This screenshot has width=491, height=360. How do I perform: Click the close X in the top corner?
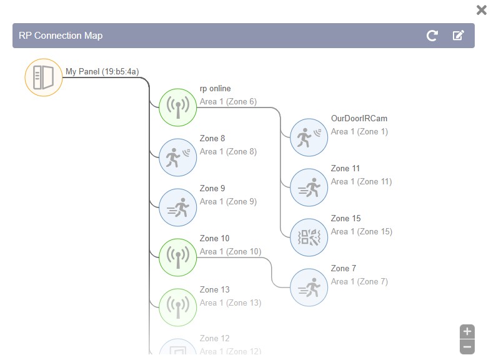tap(481, 10)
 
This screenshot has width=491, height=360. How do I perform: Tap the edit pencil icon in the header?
tap(458, 36)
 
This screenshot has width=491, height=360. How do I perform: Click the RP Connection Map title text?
tap(61, 36)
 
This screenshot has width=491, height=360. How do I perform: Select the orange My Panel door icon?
tap(44, 77)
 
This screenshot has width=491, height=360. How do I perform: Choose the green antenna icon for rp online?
tap(178, 107)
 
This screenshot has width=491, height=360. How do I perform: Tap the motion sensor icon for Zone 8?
tap(178, 157)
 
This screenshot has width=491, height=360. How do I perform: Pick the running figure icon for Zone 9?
tap(178, 207)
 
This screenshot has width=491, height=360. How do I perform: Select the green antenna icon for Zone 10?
tap(178, 257)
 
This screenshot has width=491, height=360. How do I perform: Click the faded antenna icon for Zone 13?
tap(178, 307)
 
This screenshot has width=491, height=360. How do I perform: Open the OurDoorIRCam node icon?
tap(309, 137)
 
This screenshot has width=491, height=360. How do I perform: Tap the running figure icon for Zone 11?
tap(309, 187)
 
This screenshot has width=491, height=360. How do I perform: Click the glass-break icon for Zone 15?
tap(309, 237)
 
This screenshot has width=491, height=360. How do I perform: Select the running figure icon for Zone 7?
tap(309, 287)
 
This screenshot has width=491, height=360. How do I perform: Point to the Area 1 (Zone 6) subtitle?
tap(228, 102)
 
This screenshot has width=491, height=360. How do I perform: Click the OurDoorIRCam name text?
tap(359, 119)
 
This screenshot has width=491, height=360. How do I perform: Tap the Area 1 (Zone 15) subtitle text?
tap(361, 232)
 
